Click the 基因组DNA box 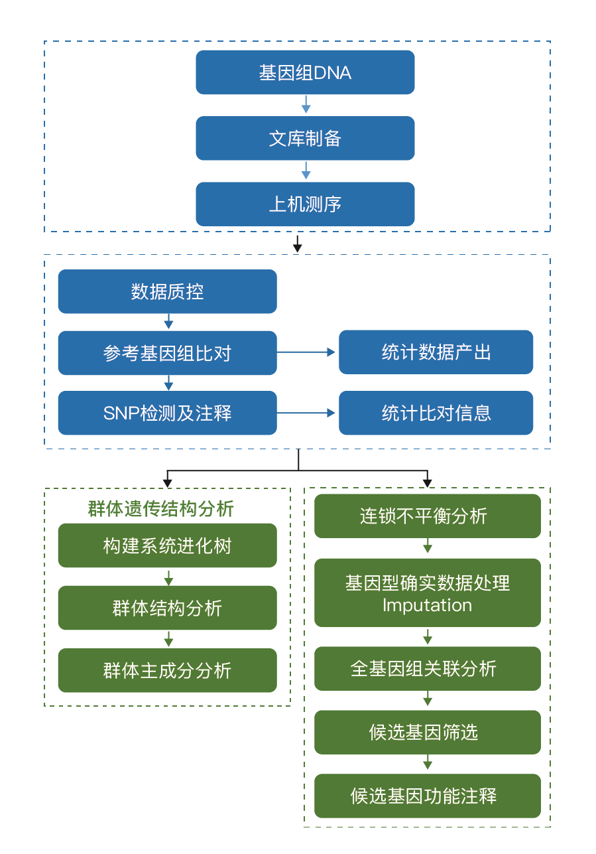click(305, 72)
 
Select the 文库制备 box click(305, 138)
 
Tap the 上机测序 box click(305, 204)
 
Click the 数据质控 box click(167, 291)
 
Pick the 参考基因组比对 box click(167, 352)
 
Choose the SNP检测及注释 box click(167, 413)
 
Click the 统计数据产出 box click(436, 352)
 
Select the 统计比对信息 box click(436, 413)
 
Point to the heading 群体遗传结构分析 click(161, 509)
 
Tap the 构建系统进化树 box click(167, 545)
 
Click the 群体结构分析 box click(167, 608)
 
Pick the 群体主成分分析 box click(167, 670)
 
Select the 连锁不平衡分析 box click(427, 516)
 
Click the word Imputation click(427, 605)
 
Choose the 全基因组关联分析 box click(427, 668)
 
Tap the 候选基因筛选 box click(427, 732)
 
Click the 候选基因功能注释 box click(427, 796)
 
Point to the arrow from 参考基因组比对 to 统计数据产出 click(307, 352)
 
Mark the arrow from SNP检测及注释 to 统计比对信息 click(307, 413)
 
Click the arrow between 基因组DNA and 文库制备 click(306, 105)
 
